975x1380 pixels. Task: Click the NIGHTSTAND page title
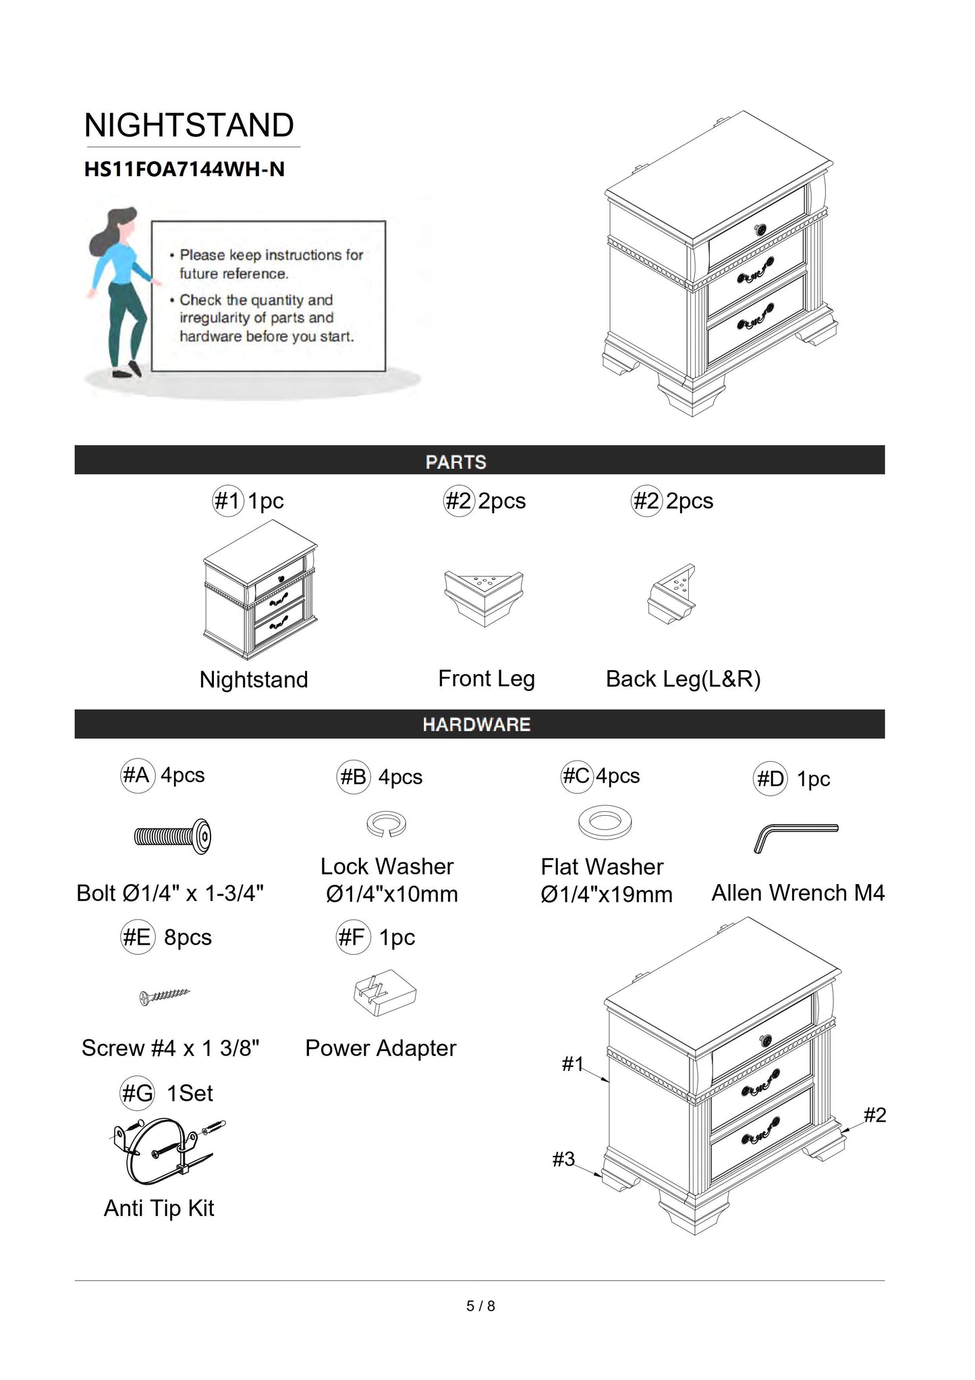coord(189,126)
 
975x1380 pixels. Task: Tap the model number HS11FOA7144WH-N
coord(184,169)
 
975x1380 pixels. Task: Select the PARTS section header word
coord(455,462)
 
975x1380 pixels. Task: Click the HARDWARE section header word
coord(476,725)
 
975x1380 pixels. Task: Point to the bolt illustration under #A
coord(173,837)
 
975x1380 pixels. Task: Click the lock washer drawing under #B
coord(387,824)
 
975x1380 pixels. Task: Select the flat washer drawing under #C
coord(605,821)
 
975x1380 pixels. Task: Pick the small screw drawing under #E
coord(165,995)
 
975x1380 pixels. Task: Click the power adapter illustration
coord(385,993)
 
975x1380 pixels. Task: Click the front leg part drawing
coord(484,597)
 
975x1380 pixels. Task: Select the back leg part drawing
coord(672,594)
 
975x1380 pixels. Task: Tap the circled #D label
coord(770,779)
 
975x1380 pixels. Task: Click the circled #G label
coord(137,1093)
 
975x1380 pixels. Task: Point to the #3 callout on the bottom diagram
coord(563,1159)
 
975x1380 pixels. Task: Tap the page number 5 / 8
coord(480,1306)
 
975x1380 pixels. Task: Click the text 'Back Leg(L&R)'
coord(683,679)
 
